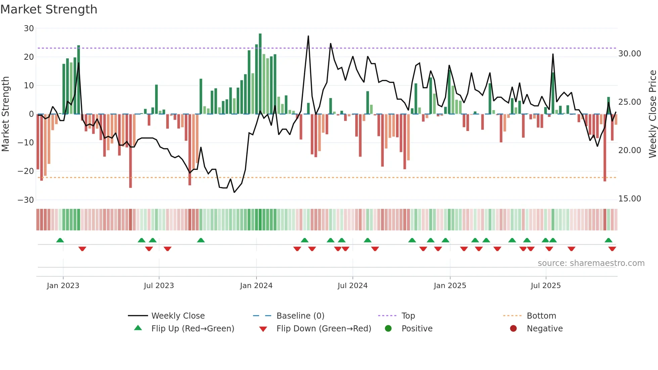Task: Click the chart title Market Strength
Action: tap(49, 9)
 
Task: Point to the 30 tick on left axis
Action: tap(29, 29)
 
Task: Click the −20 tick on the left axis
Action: tap(26, 171)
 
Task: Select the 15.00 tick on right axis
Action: tap(629, 199)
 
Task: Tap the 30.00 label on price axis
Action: tap(629, 54)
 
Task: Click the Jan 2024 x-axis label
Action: tap(256, 286)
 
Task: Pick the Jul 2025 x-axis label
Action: tap(546, 286)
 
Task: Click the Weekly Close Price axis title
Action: tap(652, 114)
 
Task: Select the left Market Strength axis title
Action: tap(6, 114)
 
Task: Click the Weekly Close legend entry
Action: tap(178, 316)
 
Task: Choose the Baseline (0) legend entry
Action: tap(300, 316)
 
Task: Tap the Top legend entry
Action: tap(408, 316)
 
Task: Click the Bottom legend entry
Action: tap(541, 316)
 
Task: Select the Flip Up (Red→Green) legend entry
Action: tap(192, 329)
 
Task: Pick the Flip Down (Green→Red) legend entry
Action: tap(324, 329)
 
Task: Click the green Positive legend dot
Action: tap(388, 329)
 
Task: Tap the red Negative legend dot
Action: tap(513, 329)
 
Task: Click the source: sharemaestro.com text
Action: tap(591, 263)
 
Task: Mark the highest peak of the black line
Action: tap(308, 36)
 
